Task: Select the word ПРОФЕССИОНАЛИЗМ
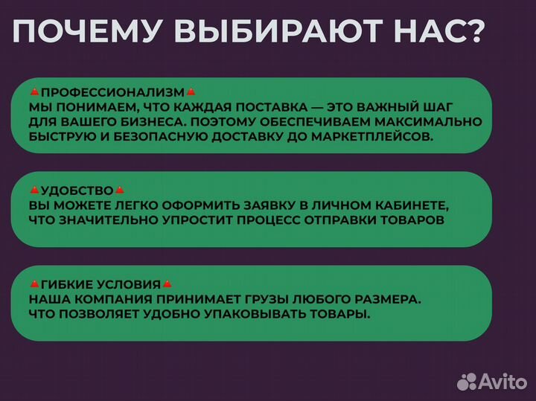112,92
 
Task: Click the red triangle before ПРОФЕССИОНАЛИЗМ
34,92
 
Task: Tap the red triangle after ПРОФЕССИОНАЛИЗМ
191,92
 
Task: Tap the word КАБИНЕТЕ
416,205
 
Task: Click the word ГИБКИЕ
64,285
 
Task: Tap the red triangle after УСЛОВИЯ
167,285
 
